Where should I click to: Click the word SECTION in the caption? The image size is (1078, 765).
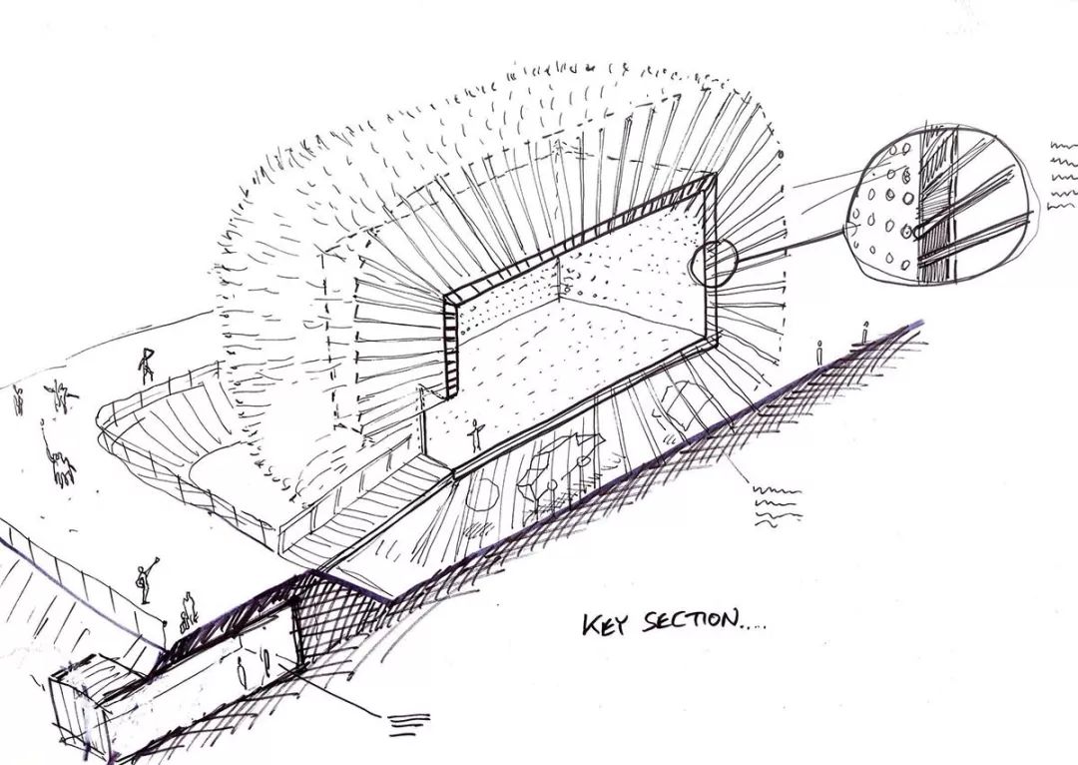690,621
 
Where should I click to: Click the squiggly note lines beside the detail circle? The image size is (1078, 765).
1063,175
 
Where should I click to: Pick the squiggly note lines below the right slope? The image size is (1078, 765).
777,506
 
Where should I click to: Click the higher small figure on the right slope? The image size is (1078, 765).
864,333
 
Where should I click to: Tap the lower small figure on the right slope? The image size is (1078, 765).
818,353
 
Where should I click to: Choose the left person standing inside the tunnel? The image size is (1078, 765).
242,671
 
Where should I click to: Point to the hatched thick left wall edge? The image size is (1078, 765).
450,346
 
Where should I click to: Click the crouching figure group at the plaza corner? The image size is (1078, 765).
187,611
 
